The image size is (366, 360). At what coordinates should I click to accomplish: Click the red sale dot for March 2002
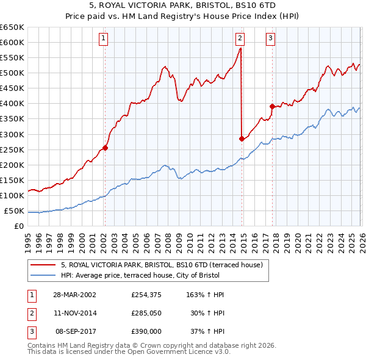point(106,147)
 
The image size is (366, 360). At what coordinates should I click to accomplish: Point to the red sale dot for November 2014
point(242,139)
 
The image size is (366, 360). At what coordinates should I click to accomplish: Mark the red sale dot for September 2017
point(272,106)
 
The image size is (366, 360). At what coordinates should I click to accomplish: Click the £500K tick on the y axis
point(12,73)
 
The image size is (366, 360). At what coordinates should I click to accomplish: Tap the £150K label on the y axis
point(12,181)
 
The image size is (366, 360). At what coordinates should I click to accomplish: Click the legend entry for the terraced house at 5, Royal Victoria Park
point(161,265)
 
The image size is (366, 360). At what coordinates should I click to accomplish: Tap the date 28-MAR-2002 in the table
point(74,295)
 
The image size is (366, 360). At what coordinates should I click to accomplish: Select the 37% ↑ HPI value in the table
point(209,331)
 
